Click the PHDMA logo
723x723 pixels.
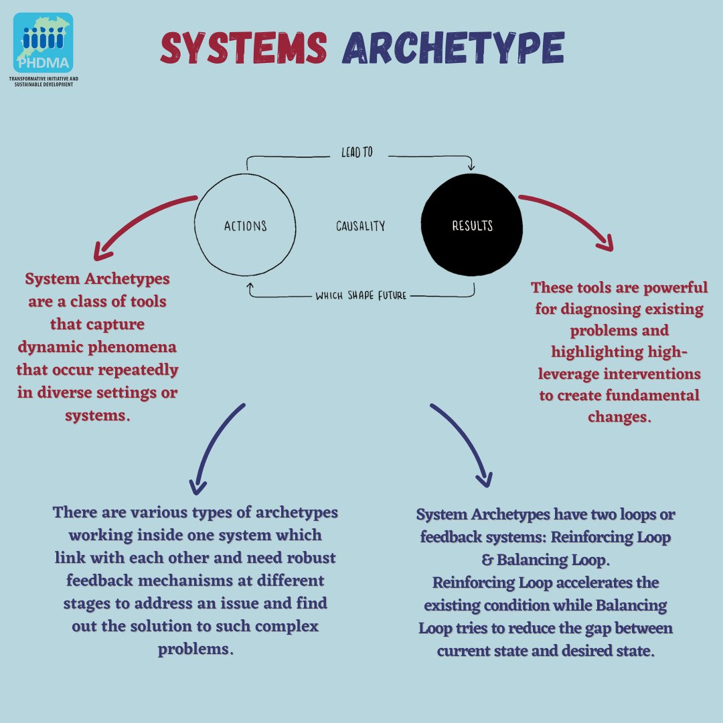[43, 43]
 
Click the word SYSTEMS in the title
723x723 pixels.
[244, 48]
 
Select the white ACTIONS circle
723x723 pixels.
[245, 226]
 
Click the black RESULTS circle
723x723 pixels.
[472, 226]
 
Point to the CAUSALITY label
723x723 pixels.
[360, 226]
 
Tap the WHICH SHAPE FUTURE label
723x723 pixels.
[361, 295]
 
